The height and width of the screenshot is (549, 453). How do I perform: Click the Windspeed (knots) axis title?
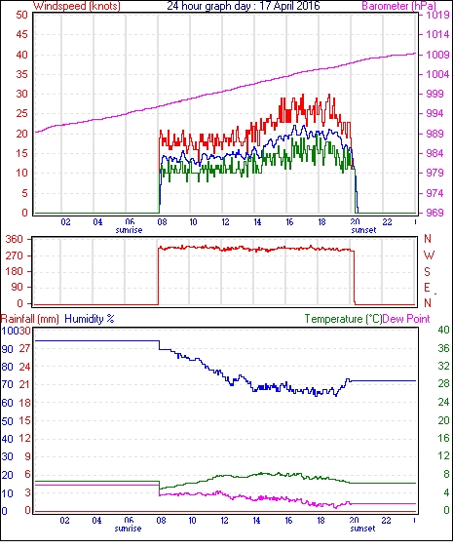coord(77,6)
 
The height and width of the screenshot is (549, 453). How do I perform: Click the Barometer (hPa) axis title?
coord(398,6)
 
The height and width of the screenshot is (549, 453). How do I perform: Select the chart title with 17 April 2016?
coord(244,6)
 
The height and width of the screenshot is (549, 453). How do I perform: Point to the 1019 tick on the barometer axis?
coord(437,15)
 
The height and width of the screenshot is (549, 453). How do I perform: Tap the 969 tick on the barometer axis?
coord(434,213)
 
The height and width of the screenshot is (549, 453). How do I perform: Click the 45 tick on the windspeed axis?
coord(21,35)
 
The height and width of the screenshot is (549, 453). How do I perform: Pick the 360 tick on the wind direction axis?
coord(15,240)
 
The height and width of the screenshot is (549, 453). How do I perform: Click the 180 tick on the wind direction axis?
coord(15,271)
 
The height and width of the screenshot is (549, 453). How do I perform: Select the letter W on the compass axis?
coord(429,255)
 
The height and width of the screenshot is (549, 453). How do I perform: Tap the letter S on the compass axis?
coord(427,271)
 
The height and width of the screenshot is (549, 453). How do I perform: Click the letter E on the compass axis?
coord(427,288)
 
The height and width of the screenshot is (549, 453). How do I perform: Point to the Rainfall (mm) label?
coord(30,319)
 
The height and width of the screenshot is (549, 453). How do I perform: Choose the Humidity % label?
coord(90,319)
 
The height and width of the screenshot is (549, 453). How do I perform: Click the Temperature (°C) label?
coord(343,319)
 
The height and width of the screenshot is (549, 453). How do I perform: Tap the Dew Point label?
coord(406,319)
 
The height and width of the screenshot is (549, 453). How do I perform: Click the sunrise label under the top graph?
coord(129,230)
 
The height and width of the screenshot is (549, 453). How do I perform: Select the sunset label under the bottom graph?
coord(362,529)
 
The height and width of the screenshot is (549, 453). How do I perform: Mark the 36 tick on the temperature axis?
coord(443,348)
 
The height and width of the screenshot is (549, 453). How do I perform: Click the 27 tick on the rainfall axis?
coord(24,348)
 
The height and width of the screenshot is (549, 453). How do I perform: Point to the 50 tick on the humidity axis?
coord(7,421)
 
